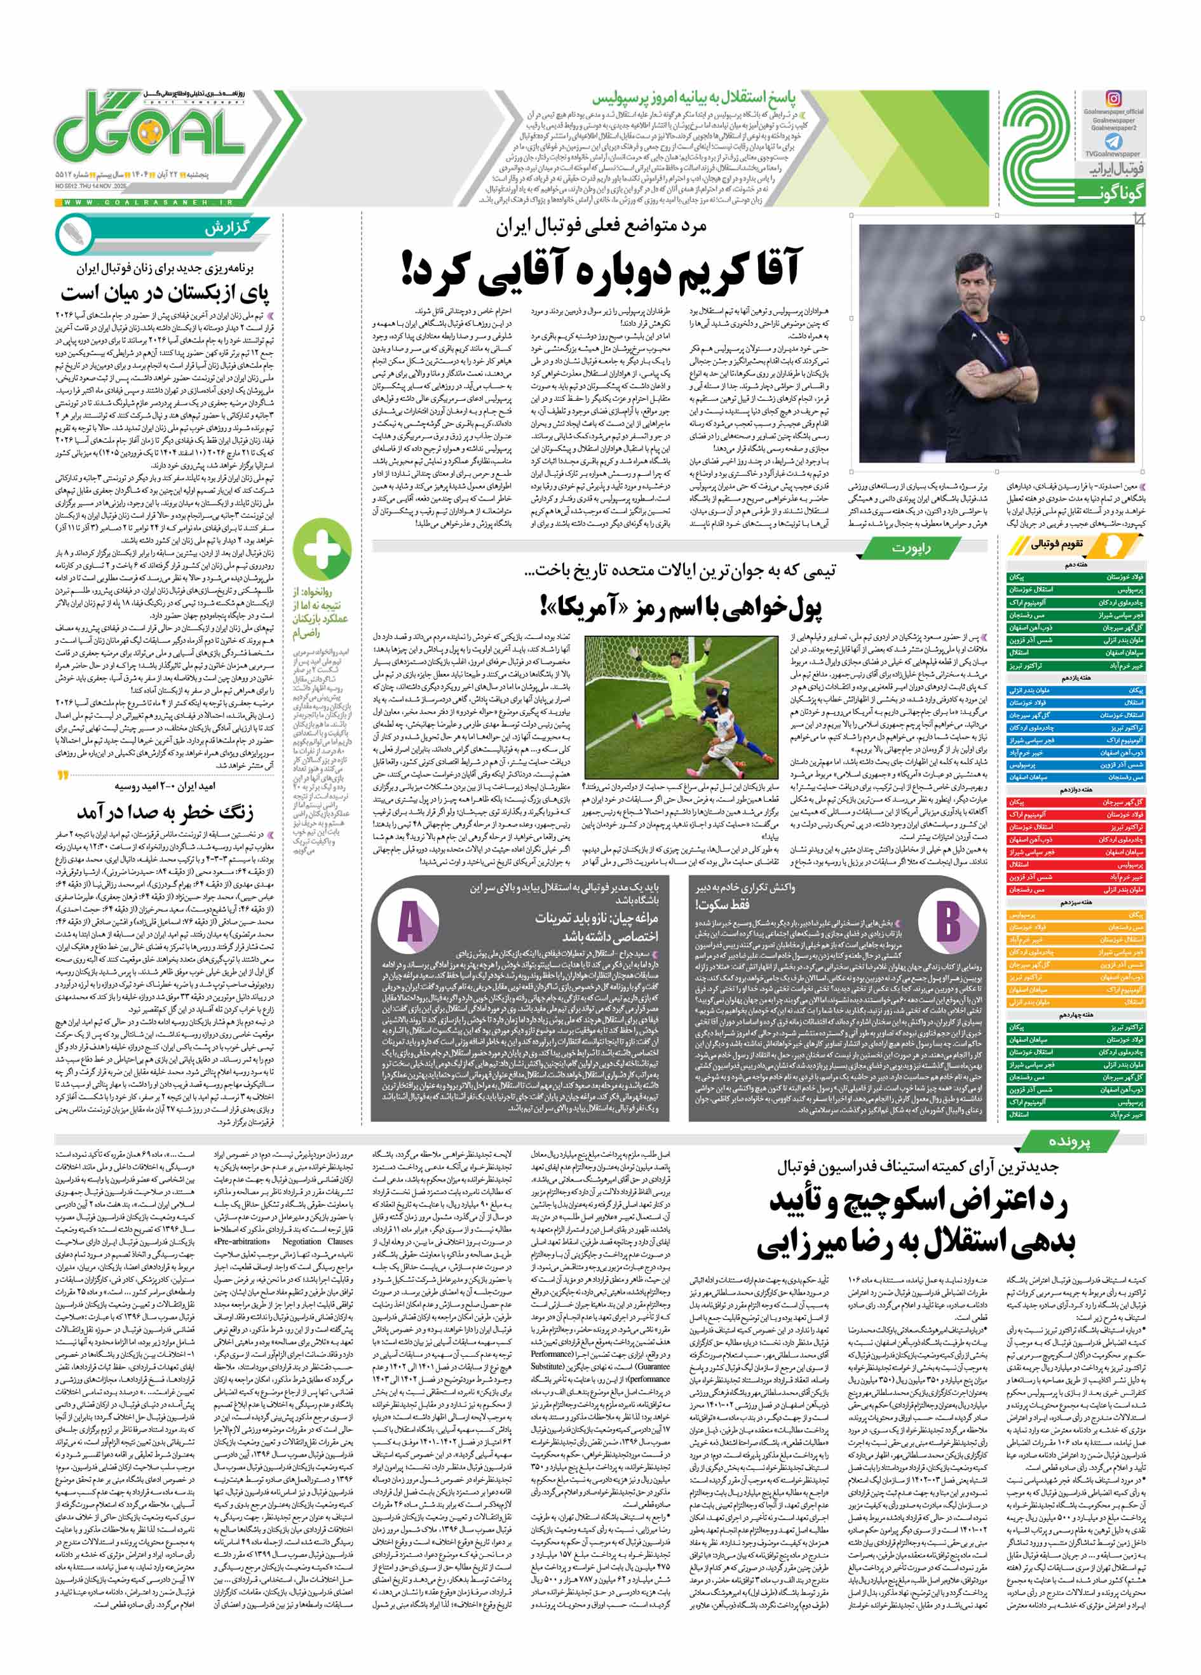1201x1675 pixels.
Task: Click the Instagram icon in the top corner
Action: [1113, 98]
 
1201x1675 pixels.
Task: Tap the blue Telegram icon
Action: [1114, 142]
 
